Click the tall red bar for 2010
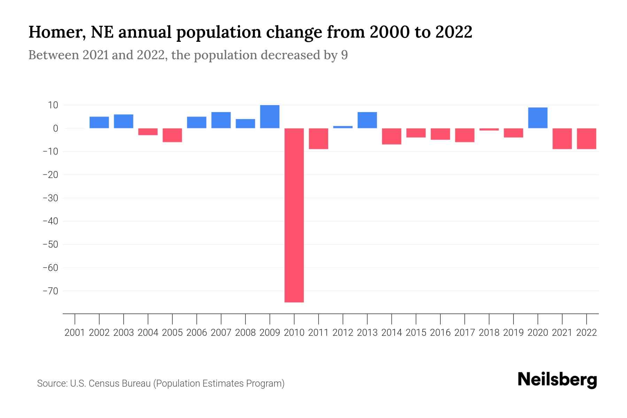[294, 215]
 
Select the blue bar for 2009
[270, 117]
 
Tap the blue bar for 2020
[537, 118]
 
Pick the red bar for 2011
[318, 139]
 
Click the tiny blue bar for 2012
[343, 127]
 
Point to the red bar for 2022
[586, 139]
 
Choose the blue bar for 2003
[124, 121]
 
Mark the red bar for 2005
[172, 135]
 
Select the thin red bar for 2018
[489, 129]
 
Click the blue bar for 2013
[367, 120]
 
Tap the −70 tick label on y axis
[50, 291]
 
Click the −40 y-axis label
[50, 221]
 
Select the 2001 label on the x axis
[75, 333]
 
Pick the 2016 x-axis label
[440, 333]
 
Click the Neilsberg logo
[557, 380]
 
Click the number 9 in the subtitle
[344, 55]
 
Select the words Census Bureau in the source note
[120, 384]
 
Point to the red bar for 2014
[392, 136]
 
